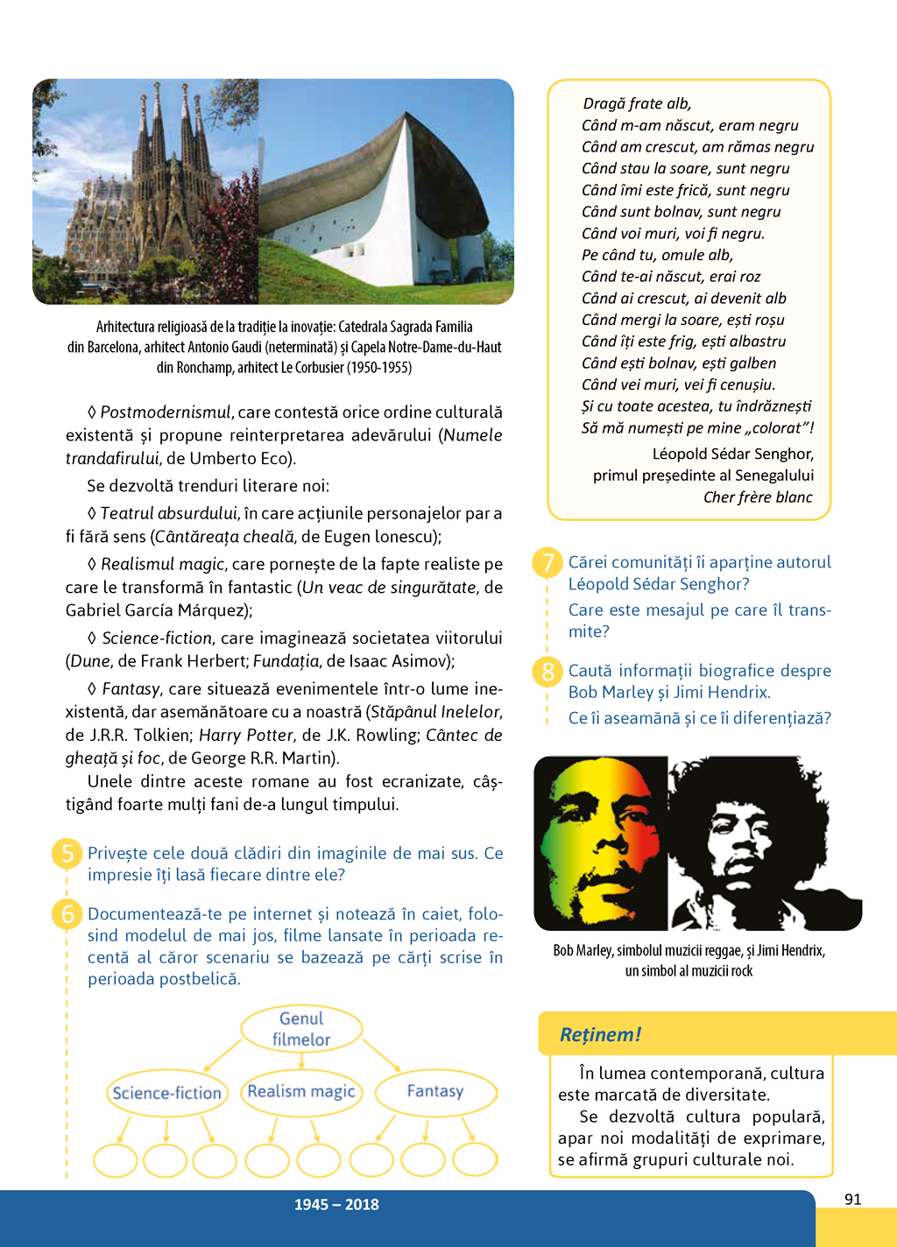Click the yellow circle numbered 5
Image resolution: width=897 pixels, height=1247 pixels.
pos(67,854)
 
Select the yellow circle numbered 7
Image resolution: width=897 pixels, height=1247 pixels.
pos(547,562)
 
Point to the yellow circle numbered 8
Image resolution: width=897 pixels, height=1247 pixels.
pos(547,672)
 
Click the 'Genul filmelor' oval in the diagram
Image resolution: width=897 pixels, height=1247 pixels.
pos(301,1029)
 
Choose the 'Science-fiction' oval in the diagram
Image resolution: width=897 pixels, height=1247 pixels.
pos(167,1093)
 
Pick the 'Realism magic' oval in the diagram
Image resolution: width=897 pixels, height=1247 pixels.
pos(301,1092)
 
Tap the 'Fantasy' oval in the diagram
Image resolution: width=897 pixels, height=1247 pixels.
pos(435,1091)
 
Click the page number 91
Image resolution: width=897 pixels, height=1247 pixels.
pos(853,1199)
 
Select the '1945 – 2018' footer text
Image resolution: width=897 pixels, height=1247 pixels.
pos(336,1205)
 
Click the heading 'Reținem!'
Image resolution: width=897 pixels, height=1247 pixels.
pos(600,1034)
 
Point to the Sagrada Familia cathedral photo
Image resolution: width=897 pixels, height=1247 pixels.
pos(145,191)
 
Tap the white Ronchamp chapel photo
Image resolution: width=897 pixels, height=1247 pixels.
pos(386,191)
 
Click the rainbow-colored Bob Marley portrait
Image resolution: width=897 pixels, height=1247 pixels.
pos(602,842)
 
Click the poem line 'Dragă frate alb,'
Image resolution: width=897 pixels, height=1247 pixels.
pos(637,104)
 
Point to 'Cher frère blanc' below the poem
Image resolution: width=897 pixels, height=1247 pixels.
pos(758,497)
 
